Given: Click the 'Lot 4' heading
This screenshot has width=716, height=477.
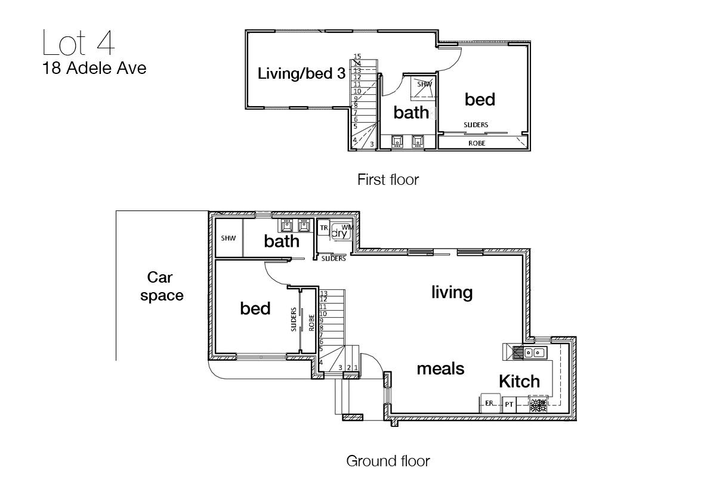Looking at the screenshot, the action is (x=78, y=43).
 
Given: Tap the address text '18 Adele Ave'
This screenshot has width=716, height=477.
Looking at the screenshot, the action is (x=94, y=68).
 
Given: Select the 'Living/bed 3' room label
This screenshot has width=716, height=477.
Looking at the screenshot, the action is (x=301, y=74).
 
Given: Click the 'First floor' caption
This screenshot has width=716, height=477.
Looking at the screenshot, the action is (x=388, y=179).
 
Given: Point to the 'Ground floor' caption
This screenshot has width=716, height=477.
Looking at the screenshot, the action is (x=388, y=461).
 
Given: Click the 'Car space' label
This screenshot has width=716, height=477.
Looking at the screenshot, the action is (x=162, y=287).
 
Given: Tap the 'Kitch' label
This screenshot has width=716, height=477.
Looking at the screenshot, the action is (x=520, y=381).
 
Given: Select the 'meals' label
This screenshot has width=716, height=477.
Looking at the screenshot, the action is (x=440, y=368).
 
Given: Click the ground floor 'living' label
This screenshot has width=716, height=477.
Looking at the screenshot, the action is (x=452, y=293).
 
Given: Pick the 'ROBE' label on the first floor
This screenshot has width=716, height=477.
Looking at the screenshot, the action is (x=477, y=144).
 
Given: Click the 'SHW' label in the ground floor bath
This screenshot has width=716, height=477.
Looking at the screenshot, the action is (x=228, y=238).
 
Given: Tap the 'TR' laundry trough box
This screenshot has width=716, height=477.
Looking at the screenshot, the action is (x=323, y=228).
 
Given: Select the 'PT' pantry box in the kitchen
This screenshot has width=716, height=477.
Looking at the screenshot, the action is (x=509, y=404).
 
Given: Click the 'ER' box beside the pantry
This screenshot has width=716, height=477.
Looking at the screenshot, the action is (x=490, y=403).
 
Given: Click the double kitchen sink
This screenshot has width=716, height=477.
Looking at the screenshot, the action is (x=535, y=353).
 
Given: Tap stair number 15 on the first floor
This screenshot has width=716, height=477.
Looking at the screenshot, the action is (x=357, y=56).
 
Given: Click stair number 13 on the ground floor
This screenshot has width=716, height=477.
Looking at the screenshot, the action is (x=323, y=293).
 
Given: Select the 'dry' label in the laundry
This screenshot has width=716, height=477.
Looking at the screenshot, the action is (x=340, y=233).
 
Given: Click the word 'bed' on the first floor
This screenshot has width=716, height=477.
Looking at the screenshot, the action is (x=480, y=100).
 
